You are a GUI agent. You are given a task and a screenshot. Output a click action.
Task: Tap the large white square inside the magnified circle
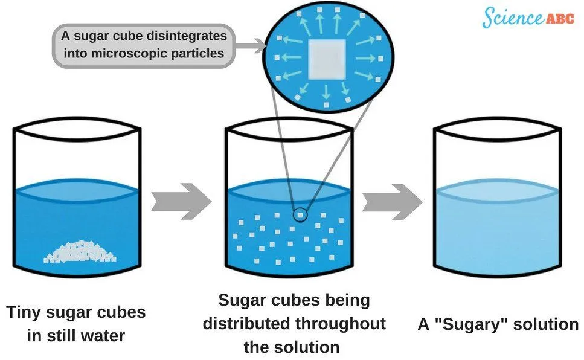pyautogui.click(x=327, y=60)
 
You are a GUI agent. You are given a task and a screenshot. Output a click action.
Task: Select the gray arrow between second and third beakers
pyautogui.click(x=391, y=202)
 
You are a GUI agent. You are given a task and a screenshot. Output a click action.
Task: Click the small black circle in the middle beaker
pyautogui.click(x=300, y=214)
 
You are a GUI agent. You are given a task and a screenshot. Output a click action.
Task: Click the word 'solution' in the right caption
pyautogui.click(x=546, y=324)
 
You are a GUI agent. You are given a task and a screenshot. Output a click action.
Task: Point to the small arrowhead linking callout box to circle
pyautogui.click(x=260, y=43)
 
